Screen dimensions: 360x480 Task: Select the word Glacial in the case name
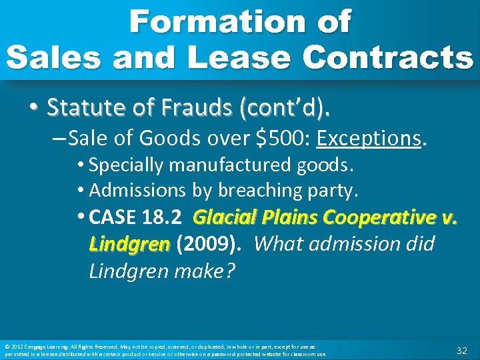click(x=223, y=217)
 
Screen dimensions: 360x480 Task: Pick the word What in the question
click(x=279, y=244)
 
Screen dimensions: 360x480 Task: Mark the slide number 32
click(x=461, y=350)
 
